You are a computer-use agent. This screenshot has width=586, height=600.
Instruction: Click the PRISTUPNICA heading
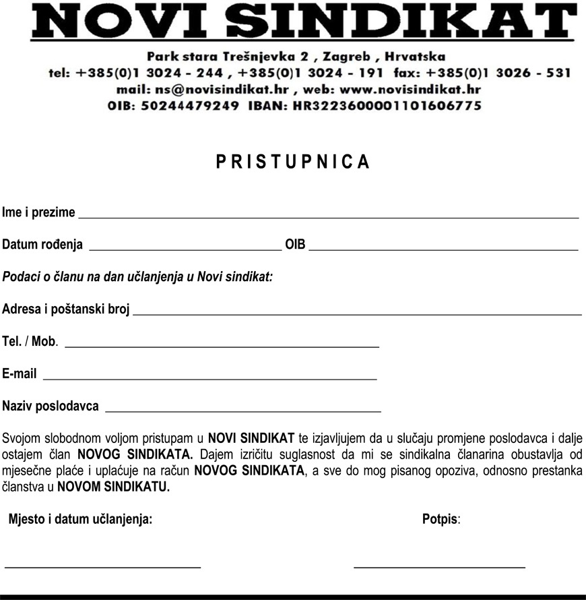pyautogui.click(x=293, y=162)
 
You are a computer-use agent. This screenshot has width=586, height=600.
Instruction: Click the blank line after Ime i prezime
pyautogui.click(x=329, y=216)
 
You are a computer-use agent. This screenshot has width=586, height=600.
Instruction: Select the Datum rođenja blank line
pyautogui.click(x=185, y=248)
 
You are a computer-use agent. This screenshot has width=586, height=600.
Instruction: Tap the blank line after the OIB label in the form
pyautogui.click(x=443, y=248)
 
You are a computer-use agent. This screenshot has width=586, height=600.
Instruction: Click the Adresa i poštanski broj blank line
pyautogui.click(x=357, y=313)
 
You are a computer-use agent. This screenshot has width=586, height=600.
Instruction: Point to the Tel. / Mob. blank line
pyautogui.click(x=222, y=345)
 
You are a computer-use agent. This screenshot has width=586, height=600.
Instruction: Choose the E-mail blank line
pyautogui.click(x=209, y=378)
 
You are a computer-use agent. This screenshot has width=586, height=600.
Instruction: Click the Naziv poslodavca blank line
pyautogui.click(x=243, y=410)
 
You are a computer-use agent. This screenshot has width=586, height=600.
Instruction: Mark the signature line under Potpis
pyautogui.click(x=439, y=566)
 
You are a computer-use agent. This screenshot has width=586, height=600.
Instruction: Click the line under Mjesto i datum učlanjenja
pyautogui.click(x=103, y=566)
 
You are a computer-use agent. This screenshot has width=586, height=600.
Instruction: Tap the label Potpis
pyautogui.click(x=440, y=519)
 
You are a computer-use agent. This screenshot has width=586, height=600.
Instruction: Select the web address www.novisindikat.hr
pyautogui.click(x=411, y=89)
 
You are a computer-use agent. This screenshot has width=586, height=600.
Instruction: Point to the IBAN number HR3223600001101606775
pyautogui.click(x=387, y=106)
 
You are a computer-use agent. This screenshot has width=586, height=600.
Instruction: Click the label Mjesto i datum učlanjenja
pyautogui.click(x=80, y=519)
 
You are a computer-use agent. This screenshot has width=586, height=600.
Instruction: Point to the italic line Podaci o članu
pyautogui.click(x=137, y=276)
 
